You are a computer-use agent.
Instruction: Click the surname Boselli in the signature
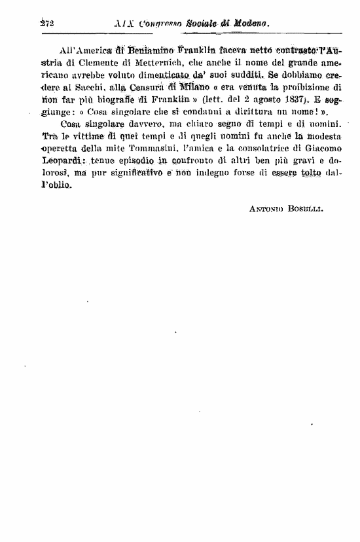[307, 209]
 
